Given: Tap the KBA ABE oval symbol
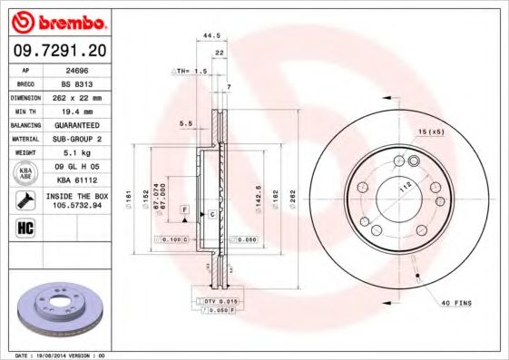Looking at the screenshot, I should click(26, 173).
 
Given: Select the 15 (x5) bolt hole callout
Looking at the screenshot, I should click(431, 133).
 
